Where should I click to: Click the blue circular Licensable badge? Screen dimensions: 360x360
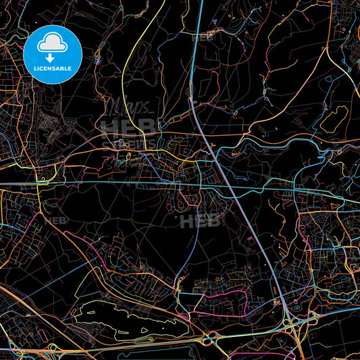tap(53, 55)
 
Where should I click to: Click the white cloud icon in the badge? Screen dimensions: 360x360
tap(53, 44)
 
